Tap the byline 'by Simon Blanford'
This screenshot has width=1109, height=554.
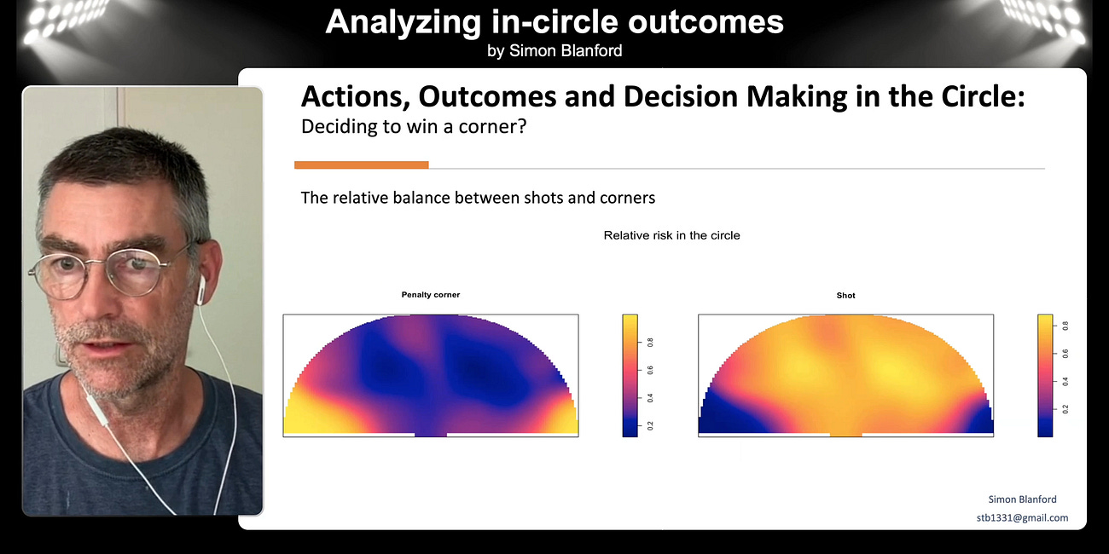(x=554, y=51)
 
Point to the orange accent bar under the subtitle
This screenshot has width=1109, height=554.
(x=361, y=164)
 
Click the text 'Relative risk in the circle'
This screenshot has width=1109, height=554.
(x=671, y=235)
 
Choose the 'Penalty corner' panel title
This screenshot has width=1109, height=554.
(x=430, y=295)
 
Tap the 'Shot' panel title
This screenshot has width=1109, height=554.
(x=845, y=296)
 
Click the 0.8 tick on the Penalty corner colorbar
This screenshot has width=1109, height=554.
(x=650, y=343)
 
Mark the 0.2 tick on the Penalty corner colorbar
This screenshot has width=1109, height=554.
(x=650, y=424)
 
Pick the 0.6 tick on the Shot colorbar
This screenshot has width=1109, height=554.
(x=1065, y=353)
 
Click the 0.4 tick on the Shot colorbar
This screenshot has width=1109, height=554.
(x=1065, y=381)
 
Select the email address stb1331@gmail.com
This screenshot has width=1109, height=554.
(x=1022, y=517)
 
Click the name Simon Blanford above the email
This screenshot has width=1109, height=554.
(x=1022, y=499)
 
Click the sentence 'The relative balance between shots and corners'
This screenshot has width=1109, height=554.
(x=478, y=198)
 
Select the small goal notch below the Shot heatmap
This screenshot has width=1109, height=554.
(x=845, y=435)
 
